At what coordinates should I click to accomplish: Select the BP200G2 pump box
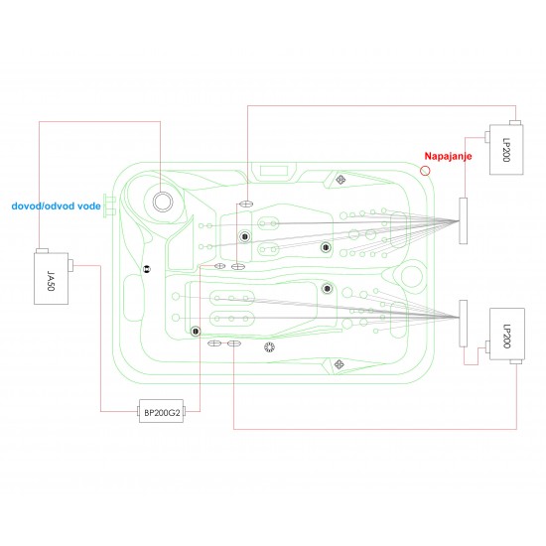(x=163, y=410)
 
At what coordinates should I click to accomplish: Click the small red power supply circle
(x=425, y=171)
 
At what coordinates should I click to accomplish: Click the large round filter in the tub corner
(x=160, y=200)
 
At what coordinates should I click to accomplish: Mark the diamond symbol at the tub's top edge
(x=341, y=180)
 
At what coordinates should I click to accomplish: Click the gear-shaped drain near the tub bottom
(x=268, y=346)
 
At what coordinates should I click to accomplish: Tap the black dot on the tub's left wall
(x=146, y=268)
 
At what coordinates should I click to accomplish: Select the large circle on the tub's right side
(x=413, y=275)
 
